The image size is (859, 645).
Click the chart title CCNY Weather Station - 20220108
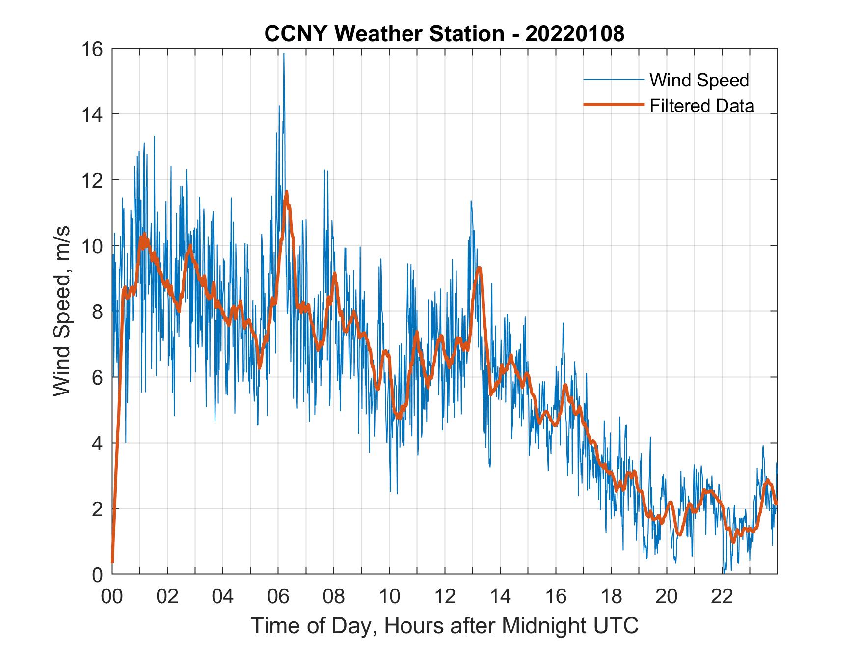[444, 34]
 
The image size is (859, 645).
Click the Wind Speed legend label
[699, 80]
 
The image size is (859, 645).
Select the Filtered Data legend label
[701, 106]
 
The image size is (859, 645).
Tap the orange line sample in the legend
[613, 105]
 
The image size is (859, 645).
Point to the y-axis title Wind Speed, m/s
[62, 311]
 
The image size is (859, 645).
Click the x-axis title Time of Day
[444, 626]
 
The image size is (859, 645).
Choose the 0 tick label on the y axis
[97, 574]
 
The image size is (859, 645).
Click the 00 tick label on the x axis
[112, 597]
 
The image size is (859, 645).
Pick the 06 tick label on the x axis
[278, 597]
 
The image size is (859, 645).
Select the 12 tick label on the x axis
[445, 597]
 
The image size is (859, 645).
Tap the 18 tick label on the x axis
[611, 597]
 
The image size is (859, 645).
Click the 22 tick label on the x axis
[722, 597]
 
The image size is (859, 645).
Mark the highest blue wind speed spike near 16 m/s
[284, 54]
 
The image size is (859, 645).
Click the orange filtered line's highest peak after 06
[286, 192]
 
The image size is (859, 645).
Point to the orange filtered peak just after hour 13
[479, 268]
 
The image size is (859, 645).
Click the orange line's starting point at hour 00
[112, 561]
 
